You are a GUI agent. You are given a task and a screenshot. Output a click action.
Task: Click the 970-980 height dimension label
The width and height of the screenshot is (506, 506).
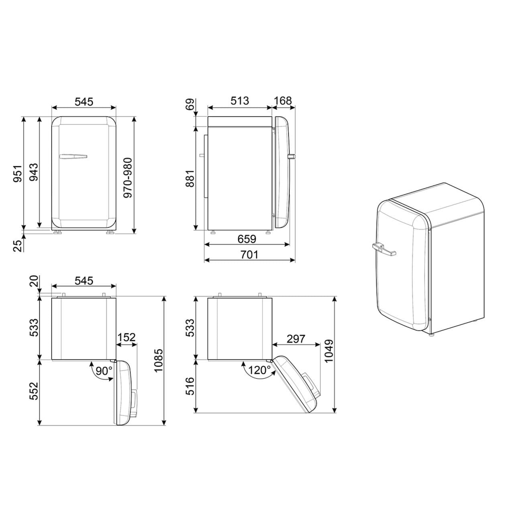[x=128, y=178]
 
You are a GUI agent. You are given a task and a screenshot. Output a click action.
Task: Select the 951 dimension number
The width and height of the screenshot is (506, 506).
[x=18, y=173]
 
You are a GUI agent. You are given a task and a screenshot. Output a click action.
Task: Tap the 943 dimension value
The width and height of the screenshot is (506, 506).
[x=33, y=172]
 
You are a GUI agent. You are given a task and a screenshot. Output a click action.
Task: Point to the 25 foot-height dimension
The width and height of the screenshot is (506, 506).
[x=18, y=246]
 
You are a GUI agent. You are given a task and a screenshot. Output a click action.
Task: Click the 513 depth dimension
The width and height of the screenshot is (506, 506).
[x=240, y=101]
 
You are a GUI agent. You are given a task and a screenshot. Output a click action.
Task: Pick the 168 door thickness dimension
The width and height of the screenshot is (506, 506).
[x=283, y=101]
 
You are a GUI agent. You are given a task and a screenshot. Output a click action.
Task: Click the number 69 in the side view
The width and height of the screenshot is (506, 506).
[x=190, y=104]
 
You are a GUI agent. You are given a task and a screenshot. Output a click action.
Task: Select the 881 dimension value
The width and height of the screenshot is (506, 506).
[x=190, y=179]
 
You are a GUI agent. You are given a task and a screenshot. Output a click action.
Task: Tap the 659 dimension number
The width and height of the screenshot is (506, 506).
[x=247, y=239]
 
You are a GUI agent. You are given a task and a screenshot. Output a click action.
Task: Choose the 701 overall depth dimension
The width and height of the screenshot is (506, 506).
[x=249, y=255]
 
